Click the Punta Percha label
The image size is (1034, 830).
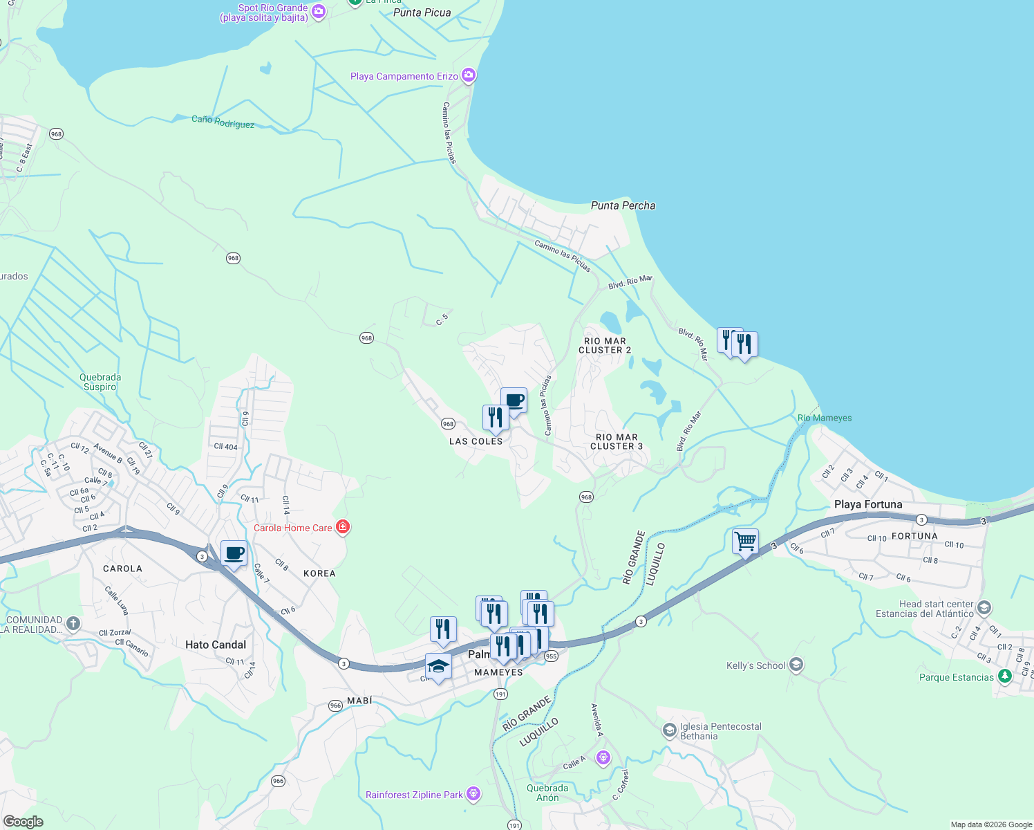tap(623, 205)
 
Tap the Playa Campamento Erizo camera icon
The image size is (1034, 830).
tap(469, 75)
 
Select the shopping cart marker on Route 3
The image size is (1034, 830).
tap(745, 542)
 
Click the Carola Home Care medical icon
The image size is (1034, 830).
tap(342, 528)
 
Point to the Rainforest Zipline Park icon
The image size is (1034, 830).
tap(473, 794)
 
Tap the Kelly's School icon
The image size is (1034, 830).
tap(796, 665)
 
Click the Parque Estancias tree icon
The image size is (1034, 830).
tap(1005, 676)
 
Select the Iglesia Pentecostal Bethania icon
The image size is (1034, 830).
tap(669, 730)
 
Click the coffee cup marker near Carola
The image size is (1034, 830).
tap(234, 553)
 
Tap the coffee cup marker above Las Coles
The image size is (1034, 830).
tap(514, 400)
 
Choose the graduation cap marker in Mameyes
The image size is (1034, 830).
tap(438, 666)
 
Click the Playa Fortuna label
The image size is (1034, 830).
tap(868, 504)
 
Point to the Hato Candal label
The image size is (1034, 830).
tap(216, 645)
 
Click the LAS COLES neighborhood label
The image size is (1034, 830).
tap(476, 441)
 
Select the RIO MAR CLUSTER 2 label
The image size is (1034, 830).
tap(605, 346)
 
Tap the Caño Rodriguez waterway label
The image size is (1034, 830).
tap(223, 122)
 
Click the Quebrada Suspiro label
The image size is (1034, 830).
tap(100, 382)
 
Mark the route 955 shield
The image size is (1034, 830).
tap(551, 656)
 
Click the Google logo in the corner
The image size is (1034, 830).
tap(23, 822)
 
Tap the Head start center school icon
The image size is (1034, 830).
tap(984, 609)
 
